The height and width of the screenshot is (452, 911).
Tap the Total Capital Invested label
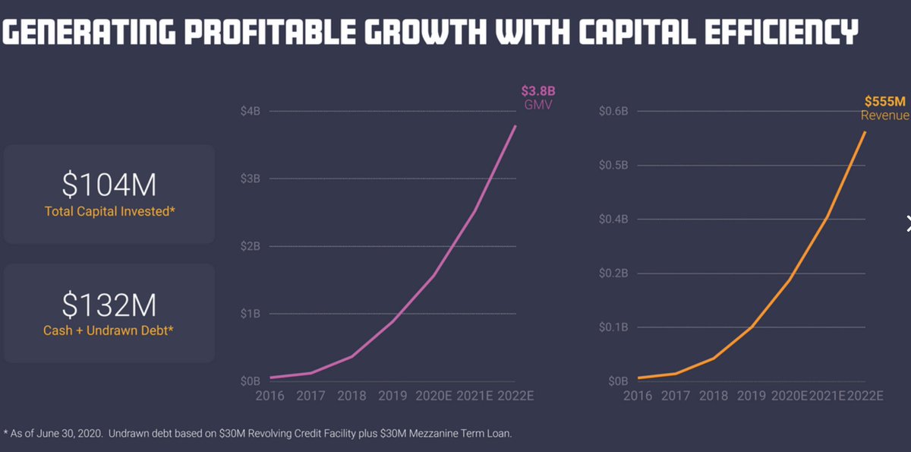coord(110,211)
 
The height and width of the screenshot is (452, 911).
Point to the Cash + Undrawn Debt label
coord(109,330)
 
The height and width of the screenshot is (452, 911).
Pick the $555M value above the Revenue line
coord(884,101)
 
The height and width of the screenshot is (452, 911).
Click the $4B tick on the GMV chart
coord(250,112)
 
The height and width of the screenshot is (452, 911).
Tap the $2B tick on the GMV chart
coord(250,246)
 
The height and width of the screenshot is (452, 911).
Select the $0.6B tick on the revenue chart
coord(613,112)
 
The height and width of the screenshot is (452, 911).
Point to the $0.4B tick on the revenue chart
coord(613,220)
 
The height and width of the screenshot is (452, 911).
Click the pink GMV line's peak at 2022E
coord(515,126)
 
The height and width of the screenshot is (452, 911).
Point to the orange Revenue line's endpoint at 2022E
coord(865,132)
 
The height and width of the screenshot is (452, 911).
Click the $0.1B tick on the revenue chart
coord(613,327)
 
